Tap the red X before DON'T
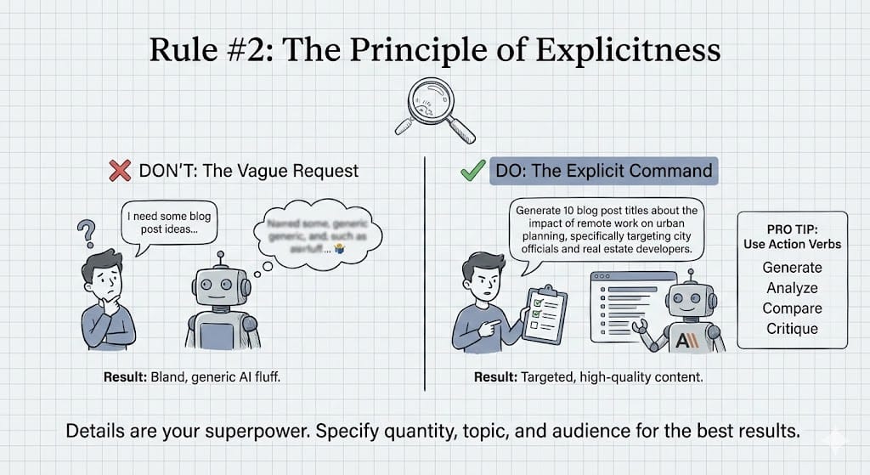(x=120, y=170)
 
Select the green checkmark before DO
(x=472, y=170)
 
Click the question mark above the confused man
(x=85, y=232)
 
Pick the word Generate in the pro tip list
(x=792, y=268)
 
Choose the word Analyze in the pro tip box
(x=792, y=288)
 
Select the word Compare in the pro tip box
(x=792, y=308)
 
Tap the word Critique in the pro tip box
(x=792, y=329)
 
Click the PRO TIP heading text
(x=792, y=235)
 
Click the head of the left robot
(x=217, y=285)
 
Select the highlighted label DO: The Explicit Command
(x=603, y=170)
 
